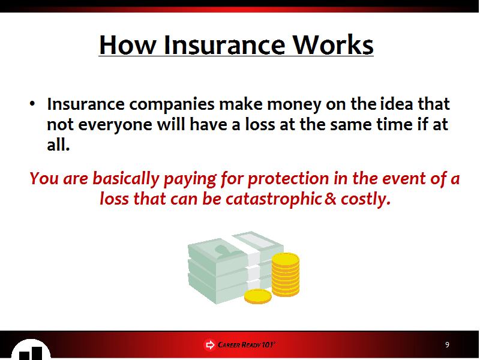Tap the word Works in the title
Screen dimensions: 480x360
(333, 45)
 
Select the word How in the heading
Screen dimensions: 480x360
(128, 45)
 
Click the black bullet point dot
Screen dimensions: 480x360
(32, 103)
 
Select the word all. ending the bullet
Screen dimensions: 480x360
(58, 145)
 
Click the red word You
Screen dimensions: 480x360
(44, 178)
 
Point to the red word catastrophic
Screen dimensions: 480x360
(274, 200)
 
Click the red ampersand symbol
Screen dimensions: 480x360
(331, 199)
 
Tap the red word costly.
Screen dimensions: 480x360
(365, 200)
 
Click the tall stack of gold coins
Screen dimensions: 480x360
(286, 275)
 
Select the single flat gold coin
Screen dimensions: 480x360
(258, 296)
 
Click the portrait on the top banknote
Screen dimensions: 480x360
(227, 251)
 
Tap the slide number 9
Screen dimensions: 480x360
(447, 344)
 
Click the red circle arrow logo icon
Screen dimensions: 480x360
(209, 345)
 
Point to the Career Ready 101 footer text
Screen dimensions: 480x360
(247, 345)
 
